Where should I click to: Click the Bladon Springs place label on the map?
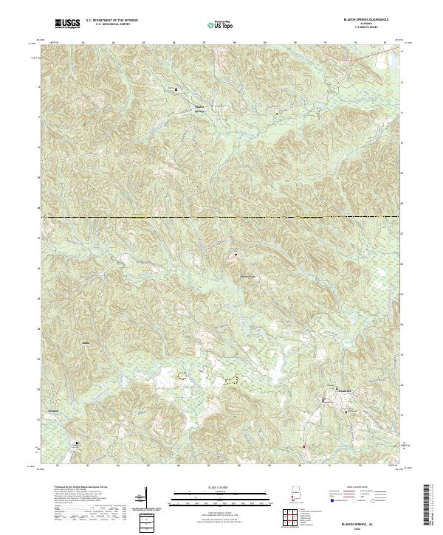(199, 108)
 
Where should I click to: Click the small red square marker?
(303, 446)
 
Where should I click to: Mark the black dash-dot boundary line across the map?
(221, 217)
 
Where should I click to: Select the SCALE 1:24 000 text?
(221, 485)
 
